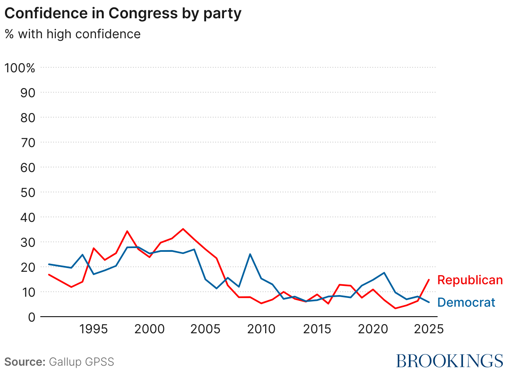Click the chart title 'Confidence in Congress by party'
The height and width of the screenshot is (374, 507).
click(123, 14)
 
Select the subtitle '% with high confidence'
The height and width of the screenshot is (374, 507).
click(73, 34)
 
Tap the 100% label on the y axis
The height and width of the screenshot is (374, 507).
click(20, 68)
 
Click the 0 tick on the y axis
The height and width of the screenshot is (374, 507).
click(32, 317)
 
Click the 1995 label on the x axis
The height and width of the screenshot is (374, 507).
click(94, 330)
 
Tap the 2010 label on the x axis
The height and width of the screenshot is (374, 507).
click(261, 330)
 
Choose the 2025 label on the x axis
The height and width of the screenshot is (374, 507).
click(428, 330)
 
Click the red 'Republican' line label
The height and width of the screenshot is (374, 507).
click(470, 280)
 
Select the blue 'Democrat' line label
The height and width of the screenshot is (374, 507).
click(466, 303)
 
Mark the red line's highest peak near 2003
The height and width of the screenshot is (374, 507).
click(183, 229)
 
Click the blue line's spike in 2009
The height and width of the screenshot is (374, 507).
click(250, 254)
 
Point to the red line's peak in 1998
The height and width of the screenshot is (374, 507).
click(127, 231)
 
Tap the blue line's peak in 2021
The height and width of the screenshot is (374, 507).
click(384, 273)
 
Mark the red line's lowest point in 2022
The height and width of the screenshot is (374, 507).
click(395, 308)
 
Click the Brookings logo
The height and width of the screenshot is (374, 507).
click(449, 361)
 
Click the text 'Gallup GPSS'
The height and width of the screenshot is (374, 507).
click(81, 362)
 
